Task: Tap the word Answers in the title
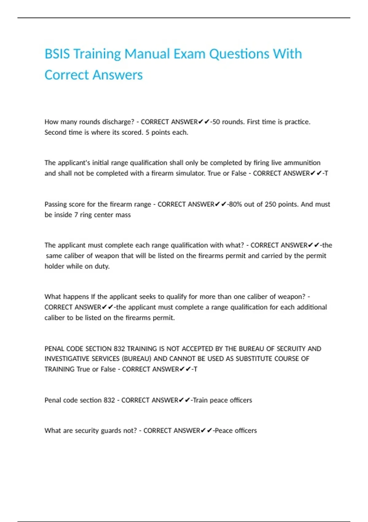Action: point(117,75)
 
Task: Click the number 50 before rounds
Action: point(216,122)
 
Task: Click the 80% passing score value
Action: point(235,205)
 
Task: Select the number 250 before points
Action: point(270,205)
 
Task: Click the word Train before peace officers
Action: point(200,400)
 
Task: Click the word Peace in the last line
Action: point(224,431)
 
